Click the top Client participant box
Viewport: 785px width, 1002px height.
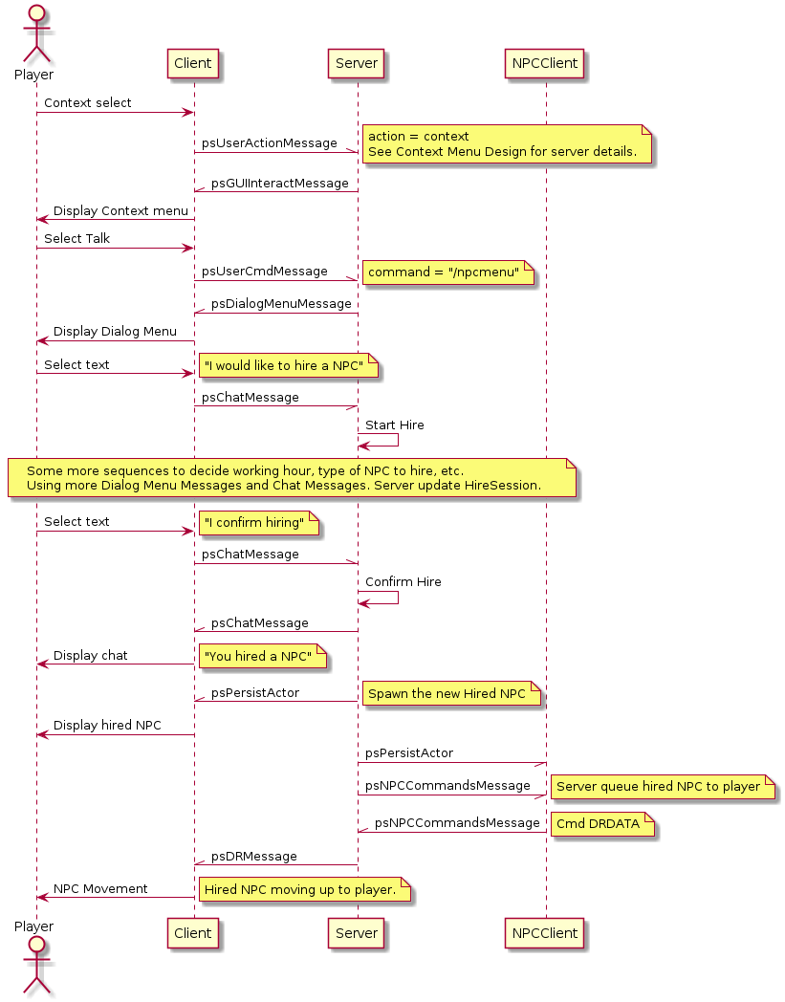click(194, 64)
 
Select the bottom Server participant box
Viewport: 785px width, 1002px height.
click(358, 932)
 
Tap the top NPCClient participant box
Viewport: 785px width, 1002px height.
click(545, 64)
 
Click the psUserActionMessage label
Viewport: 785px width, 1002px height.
click(269, 143)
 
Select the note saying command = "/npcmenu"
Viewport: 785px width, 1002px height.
click(448, 273)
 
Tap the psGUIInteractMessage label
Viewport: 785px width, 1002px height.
click(279, 184)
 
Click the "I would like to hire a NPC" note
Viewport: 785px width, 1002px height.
click(290, 365)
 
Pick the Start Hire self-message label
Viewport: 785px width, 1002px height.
click(395, 425)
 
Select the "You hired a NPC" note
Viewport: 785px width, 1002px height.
click(262, 656)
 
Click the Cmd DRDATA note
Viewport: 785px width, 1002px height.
click(601, 824)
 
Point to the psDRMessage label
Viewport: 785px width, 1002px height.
click(253, 857)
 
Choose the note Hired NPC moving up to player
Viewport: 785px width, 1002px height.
click(304, 890)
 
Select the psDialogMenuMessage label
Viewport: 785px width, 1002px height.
click(281, 304)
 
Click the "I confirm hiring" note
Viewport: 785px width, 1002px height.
click(258, 523)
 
